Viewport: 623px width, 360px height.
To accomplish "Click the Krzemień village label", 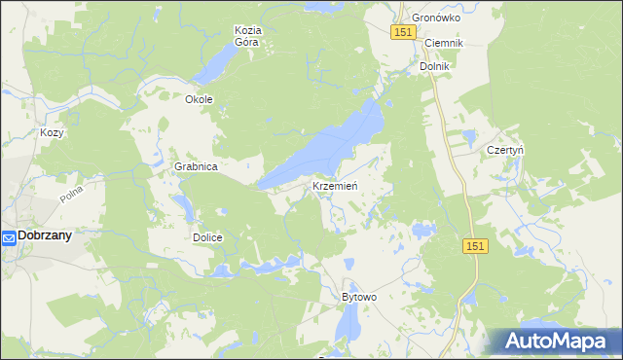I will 337,186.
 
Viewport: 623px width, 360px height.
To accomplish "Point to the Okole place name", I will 199,99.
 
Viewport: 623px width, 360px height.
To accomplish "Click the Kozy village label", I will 52,132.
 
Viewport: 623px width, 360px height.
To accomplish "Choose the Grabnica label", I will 196,166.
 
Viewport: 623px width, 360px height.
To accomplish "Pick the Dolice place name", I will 207,237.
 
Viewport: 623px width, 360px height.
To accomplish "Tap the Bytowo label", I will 358,296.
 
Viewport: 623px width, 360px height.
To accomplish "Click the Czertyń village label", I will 505,150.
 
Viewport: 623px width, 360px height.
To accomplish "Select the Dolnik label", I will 433,66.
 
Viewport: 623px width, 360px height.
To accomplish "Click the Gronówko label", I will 436,18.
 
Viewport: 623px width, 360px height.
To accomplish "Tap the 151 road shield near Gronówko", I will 406,33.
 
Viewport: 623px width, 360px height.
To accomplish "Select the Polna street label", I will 71,194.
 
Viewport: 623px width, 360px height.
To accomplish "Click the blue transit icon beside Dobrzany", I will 8,236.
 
